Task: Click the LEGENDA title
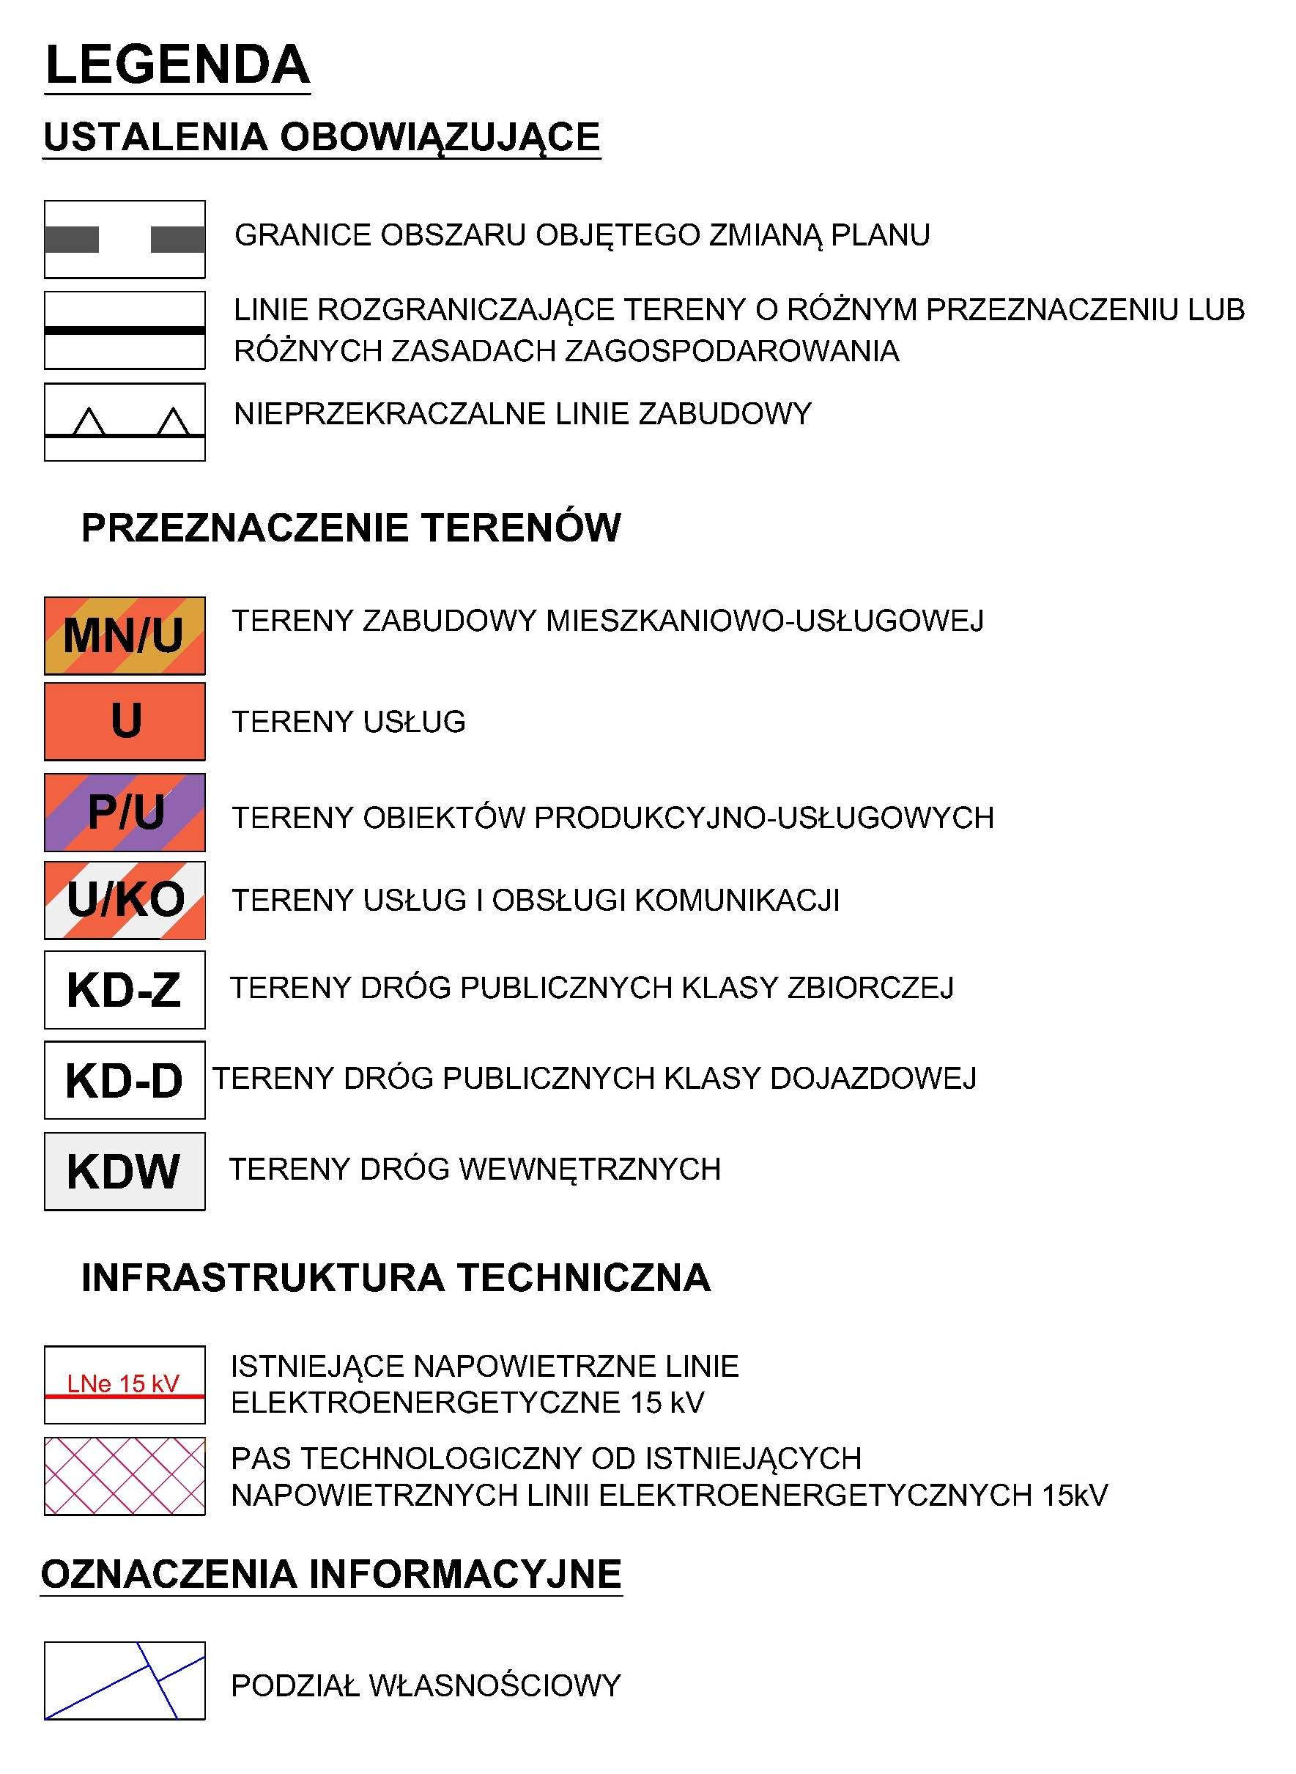(177, 64)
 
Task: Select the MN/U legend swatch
(125, 635)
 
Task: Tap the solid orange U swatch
(125, 721)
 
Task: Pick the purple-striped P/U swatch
(125, 812)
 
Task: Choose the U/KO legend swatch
(125, 900)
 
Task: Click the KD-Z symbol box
(125, 989)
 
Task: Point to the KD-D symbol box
(125, 1079)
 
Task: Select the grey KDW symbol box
(125, 1171)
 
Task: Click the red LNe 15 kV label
(123, 1383)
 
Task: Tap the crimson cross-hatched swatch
(125, 1475)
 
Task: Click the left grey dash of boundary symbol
(71, 240)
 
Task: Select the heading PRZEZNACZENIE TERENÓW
(351, 528)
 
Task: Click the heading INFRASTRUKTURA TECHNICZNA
(396, 1277)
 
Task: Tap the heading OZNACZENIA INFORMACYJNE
(331, 1575)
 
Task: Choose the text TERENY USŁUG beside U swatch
(348, 722)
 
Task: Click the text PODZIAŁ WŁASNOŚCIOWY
(426, 1685)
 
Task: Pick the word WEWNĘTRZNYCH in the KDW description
(589, 1169)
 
